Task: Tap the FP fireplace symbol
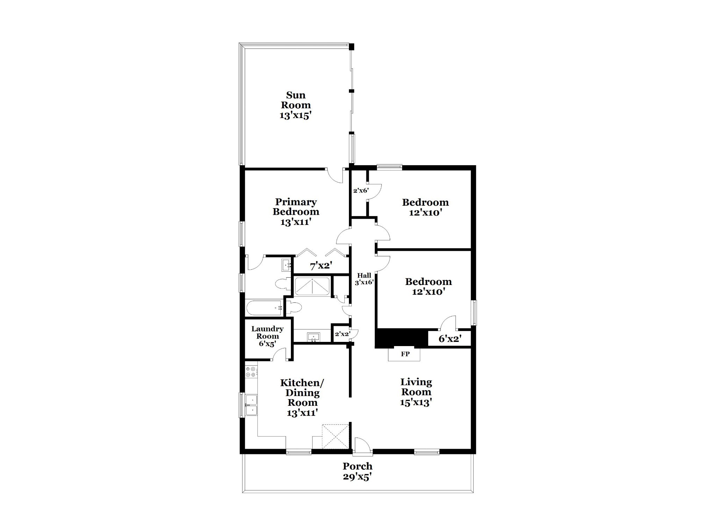405,354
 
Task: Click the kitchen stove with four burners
250,372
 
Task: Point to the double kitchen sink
251,405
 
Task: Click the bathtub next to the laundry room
264,308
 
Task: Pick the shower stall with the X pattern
312,286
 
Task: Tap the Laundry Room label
267,336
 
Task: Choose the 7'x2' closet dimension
321,266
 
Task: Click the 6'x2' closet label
450,338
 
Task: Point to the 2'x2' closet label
342,334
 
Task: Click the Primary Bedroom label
296,211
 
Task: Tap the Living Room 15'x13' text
416,392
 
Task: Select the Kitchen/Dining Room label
302,397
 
